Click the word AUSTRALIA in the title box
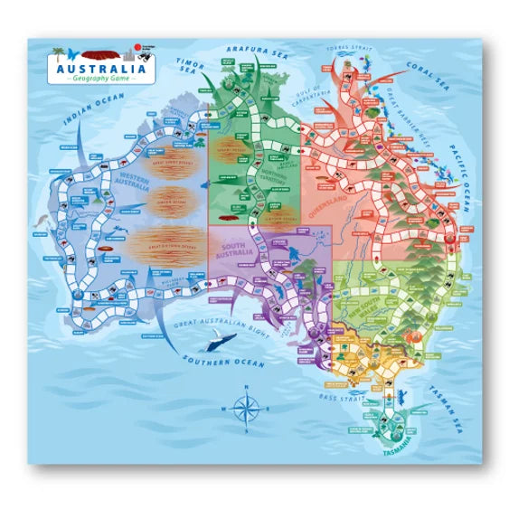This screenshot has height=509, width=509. click(x=100, y=68)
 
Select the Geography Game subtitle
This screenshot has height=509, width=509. click(x=100, y=79)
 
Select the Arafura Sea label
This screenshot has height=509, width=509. click(x=250, y=52)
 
